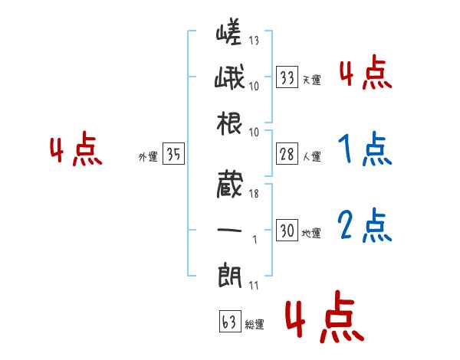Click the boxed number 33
point(287,77)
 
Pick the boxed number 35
point(173,155)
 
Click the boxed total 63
point(228,322)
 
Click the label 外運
point(148,157)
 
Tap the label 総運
point(254,325)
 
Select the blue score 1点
point(364,150)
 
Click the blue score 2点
point(364,225)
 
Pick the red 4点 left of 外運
point(76,150)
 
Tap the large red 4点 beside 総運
point(324,320)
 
